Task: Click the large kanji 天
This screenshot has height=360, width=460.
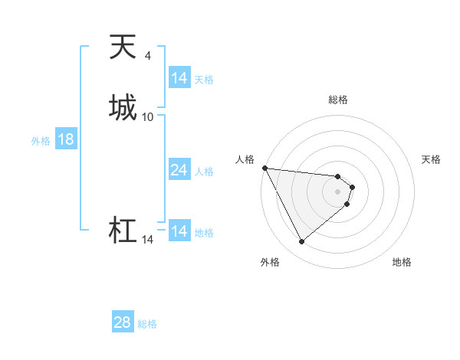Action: click(123, 47)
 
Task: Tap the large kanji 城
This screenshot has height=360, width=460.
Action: click(123, 106)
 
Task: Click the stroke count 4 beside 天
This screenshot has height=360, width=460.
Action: click(148, 55)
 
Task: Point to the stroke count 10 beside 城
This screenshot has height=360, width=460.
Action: click(148, 116)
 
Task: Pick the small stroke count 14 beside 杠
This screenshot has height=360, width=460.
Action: click(148, 241)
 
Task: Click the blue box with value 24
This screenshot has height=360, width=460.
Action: click(179, 170)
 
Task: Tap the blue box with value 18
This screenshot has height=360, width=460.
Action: click(66, 139)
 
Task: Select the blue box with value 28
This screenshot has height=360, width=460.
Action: click(123, 322)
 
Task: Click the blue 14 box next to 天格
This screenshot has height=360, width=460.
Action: click(179, 78)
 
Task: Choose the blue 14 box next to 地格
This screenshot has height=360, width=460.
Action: click(179, 231)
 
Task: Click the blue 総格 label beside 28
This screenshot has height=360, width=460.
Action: click(147, 324)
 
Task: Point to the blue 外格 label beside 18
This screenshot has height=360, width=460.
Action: click(41, 141)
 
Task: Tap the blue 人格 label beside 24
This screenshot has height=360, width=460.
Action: click(205, 172)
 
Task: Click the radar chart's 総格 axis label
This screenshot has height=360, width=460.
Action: click(337, 100)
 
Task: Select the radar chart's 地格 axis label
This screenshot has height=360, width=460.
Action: click(402, 262)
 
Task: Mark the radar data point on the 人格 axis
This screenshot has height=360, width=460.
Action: click(264, 168)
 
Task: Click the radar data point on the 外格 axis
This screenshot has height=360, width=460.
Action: click(301, 242)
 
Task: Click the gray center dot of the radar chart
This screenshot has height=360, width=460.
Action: click(337, 191)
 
